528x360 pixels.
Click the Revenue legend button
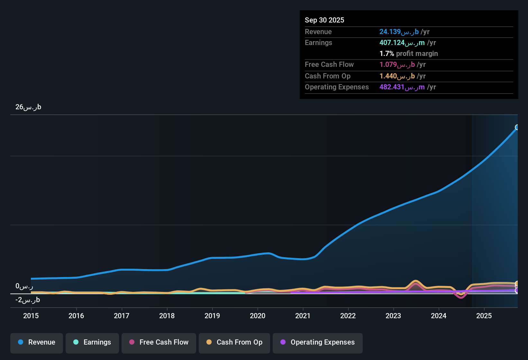point(37,342)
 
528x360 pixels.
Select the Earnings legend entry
point(92,342)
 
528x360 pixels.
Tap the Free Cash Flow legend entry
point(159,342)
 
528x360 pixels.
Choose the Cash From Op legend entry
point(234,342)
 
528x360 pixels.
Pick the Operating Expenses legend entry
point(318,342)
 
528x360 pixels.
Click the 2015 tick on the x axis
point(31,316)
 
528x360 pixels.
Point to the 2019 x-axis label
point(212,316)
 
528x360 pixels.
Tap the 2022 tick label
point(348,316)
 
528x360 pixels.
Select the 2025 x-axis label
point(484,316)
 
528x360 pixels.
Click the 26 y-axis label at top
point(28,107)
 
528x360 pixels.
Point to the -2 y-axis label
point(28,300)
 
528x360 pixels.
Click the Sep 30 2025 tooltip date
point(324,20)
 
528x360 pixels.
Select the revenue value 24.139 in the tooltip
point(399,32)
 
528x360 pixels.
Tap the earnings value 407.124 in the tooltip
point(402,43)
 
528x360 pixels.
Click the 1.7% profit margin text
point(408,54)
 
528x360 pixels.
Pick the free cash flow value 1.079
point(397,65)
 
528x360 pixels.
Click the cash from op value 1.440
point(397,76)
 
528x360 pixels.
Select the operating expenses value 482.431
point(402,87)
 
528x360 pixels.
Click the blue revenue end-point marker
point(517,127)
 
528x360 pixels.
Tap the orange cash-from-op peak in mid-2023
point(416,281)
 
